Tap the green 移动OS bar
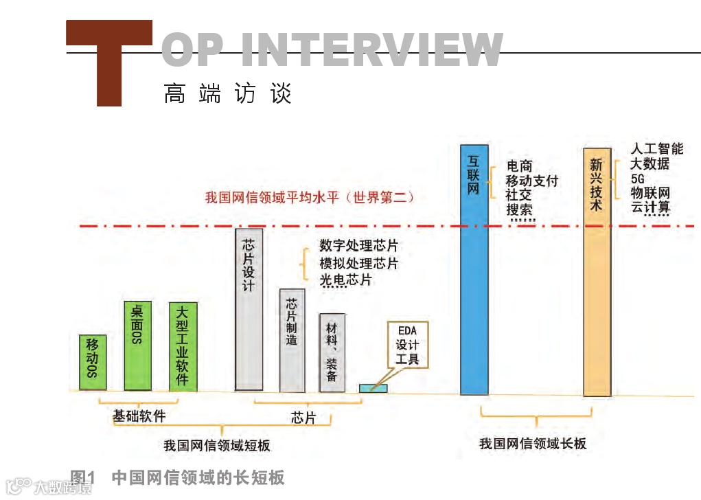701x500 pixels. (x=93, y=362)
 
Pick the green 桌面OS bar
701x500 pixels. (x=137, y=345)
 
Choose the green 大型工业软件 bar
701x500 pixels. (x=183, y=346)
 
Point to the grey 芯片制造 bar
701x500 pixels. (x=292, y=340)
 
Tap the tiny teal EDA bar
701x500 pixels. (x=373, y=388)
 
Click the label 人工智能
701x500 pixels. (x=657, y=149)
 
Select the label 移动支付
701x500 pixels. (x=532, y=181)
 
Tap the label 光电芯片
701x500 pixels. (x=345, y=280)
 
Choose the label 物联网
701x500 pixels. (x=650, y=192)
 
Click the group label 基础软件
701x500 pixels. (x=139, y=416)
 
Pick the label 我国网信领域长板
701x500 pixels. (x=533, y=444)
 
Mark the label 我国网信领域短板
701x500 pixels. (x=217, y=446)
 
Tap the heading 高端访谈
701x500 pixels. (x=228, y=93)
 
